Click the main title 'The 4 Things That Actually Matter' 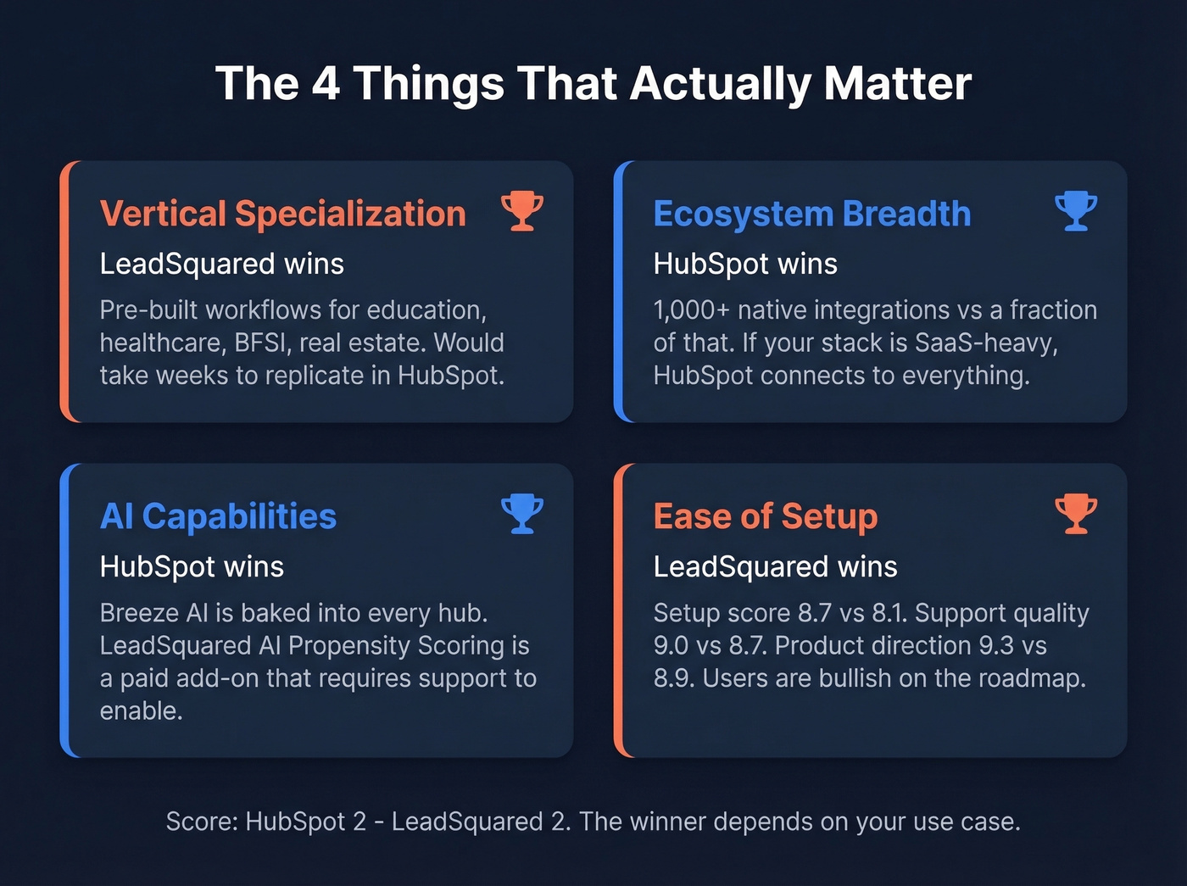click(593, 83)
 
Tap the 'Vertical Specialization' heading click(282, 214)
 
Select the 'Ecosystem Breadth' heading click(811, 214)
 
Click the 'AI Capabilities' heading click(218, 516)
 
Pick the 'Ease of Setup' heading click(765, 516)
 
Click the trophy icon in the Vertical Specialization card click(521, 211)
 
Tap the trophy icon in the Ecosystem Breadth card click(1075, 211)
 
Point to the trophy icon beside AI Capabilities click(521, 513)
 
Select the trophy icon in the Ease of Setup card click(1075, 513)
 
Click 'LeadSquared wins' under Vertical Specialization click(221, 264)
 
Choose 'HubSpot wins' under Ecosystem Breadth click(744, 264)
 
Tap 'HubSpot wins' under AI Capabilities click(192, 566)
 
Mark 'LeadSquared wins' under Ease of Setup click(775, 566)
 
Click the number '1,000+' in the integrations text click(691, 310)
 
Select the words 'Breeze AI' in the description click(153, 613)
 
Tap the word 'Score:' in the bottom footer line click(202, 822)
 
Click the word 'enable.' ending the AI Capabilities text click(141, 711)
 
